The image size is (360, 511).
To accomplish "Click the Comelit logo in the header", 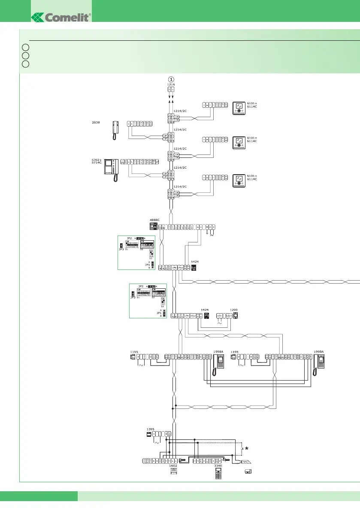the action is [61, 18].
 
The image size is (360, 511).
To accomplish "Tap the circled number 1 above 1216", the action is [171, 79].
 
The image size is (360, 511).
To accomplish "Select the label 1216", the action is [171, 85].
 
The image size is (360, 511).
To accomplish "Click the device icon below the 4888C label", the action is [153, 226].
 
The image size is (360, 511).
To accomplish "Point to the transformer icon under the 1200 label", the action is [235, 316].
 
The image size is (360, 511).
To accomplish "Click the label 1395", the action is [150, 429].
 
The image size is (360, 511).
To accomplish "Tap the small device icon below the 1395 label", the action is [148, 435].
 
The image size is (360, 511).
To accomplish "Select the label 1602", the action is [173, 465].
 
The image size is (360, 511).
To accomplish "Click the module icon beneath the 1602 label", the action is [174, 471].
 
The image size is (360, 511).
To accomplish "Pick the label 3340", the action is [218, 465].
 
